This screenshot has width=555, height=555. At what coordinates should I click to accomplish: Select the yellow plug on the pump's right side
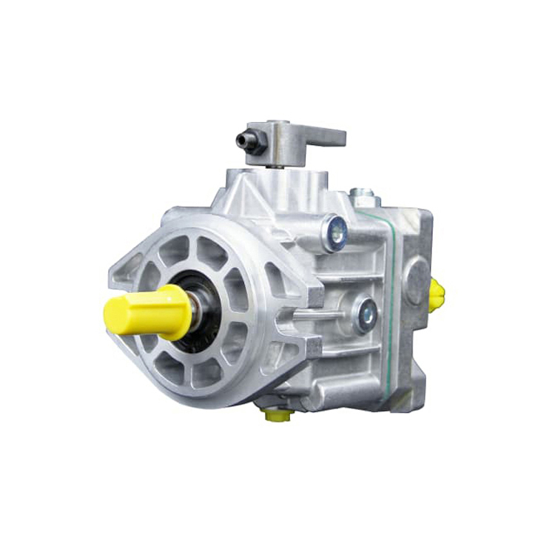coord(436,294)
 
